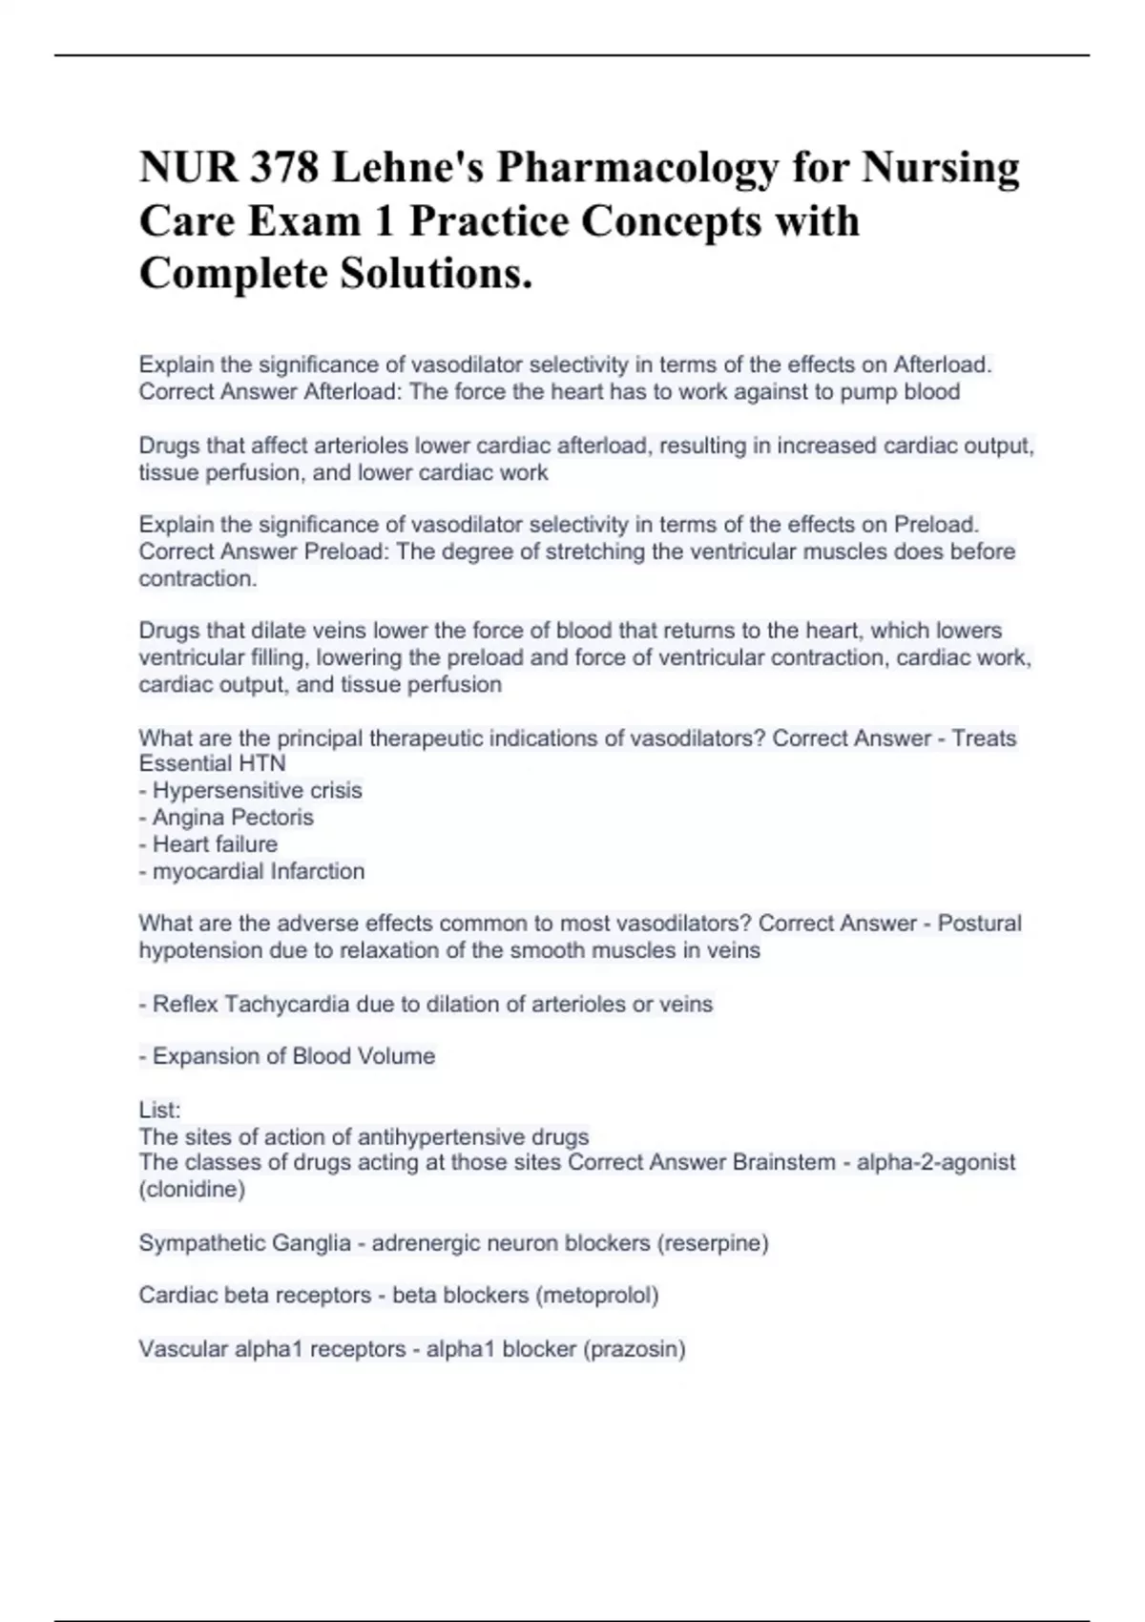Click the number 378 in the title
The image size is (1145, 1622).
point(279,168)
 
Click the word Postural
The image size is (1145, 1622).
point(979,924)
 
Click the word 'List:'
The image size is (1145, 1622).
point(159,1110)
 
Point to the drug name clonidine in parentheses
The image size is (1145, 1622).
point(192,1190)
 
